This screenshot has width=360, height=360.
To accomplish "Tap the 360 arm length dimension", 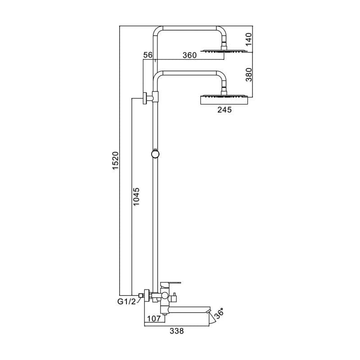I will pos(189,55).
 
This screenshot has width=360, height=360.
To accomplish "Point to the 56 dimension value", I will pos(148,55).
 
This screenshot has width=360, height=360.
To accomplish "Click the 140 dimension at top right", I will pos(249,40).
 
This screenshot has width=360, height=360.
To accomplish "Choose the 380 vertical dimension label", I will pos(249,74).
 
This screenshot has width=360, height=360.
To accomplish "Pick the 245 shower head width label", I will pos(224,109).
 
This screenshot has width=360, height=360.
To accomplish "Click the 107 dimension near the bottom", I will pos(154,319).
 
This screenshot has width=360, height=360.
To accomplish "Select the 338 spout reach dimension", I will pos(177,331).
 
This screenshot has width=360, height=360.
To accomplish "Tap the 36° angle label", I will pos(219,314).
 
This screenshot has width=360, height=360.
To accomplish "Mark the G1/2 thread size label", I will pos(126,302).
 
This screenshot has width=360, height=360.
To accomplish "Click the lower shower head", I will pos(224,99).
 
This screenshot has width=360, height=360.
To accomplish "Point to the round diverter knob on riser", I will pos(155,154).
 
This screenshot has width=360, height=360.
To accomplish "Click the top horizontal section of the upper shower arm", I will pos(189,27).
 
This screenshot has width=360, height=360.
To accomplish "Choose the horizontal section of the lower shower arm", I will pos(189,71).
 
